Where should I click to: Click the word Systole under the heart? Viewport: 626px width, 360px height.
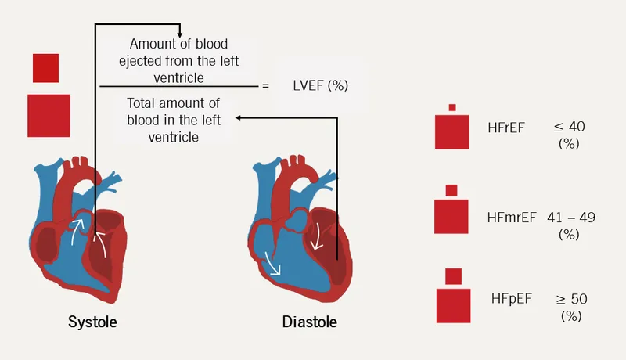coord(96,322)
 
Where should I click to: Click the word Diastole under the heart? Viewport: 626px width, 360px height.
coord(311,322)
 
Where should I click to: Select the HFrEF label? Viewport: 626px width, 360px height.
coord(505,126)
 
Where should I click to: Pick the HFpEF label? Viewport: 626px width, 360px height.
coord(511,298)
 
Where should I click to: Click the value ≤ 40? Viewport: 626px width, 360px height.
coord(570,126)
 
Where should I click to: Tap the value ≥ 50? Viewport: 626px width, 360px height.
coord(571,298)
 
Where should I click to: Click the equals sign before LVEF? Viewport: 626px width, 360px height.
coord(265,85)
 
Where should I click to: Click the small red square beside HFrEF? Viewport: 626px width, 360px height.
coord(452,108)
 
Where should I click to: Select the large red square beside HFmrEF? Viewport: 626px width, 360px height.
coord(452,216)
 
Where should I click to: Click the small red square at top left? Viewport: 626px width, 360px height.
coord(45,68)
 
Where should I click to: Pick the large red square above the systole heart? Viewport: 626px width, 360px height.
coord(49,115)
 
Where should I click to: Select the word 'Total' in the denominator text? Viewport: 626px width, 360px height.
coord(143,104)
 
